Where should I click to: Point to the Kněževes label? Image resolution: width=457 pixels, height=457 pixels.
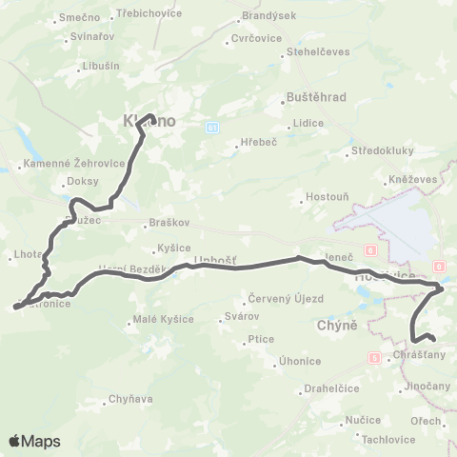(412, 180)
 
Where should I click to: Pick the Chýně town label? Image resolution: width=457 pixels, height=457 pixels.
(336, 326)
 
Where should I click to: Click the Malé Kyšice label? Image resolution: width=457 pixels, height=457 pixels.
(163, 319)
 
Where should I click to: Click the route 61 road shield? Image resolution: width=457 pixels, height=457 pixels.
(211, 127)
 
